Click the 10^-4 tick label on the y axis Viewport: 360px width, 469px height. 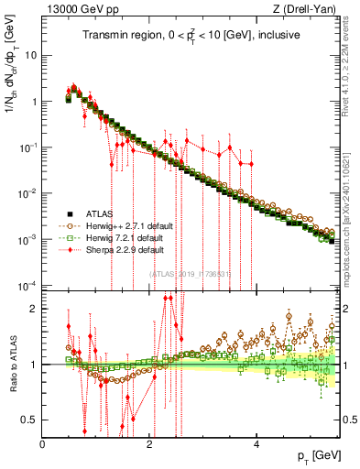[27, 285]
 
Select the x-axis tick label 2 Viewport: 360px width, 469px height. [150, 444]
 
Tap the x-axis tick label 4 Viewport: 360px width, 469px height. [256, 444]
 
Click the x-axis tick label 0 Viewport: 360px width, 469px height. [43, 444]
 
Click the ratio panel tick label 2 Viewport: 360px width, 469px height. [34, 309]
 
